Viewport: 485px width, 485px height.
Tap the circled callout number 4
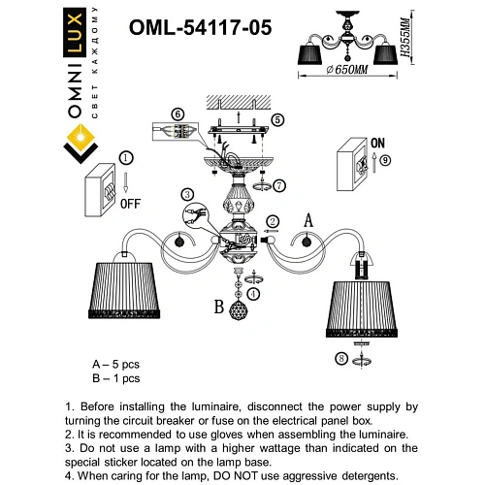coord(253,292)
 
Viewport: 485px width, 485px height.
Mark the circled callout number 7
coord(279,184)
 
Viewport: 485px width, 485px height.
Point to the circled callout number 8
coord(340,359)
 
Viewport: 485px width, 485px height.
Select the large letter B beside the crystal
coord(219,308)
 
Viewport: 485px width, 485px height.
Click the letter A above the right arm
coord(309,219)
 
